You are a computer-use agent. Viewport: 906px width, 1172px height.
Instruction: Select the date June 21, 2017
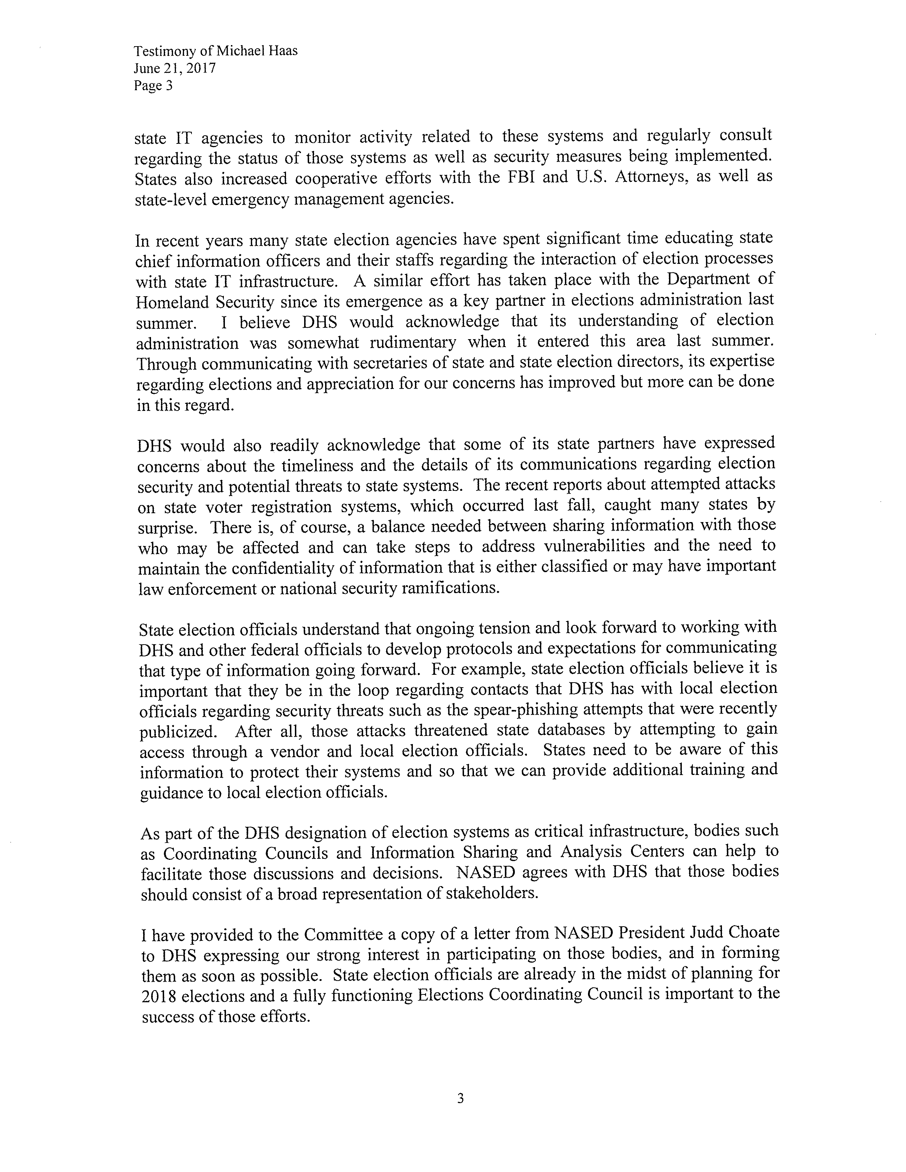pyautogui.click(x=174, y=68)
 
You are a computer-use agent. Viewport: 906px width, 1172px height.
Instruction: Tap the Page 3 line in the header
pyautogui.click(x=153, y=85)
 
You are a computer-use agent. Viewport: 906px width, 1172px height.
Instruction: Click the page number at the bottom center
pyautogui.click(x=460, y=1098)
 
